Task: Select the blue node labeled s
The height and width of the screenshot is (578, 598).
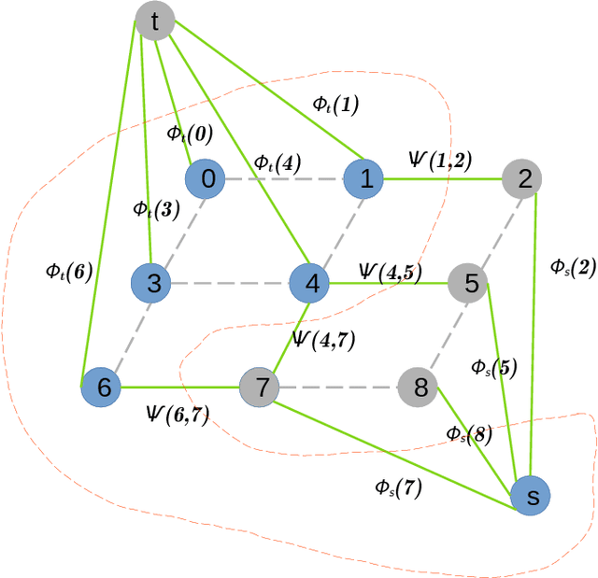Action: (x=531, y=496)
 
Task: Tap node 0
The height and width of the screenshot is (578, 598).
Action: (x=206, y=179)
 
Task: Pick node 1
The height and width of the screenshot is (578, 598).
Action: (x=365, y=178)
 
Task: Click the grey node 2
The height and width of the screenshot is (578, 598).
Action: (x=523, y=178)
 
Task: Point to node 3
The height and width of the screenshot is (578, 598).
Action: (x=151, y=283)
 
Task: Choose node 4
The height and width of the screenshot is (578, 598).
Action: (x=310, y=283)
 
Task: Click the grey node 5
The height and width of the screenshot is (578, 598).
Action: (x=469, y=283)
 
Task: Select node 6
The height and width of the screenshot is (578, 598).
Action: (x=102, y=387)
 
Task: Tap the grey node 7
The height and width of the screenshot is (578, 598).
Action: (x=261, y=387)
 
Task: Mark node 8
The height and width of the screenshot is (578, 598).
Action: (x=420, y=387)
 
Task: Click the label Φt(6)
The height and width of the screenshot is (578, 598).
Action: (x=68, y=272)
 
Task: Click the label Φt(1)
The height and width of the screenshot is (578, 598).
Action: (x=335, y=106)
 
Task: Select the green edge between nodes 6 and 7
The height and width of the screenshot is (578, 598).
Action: (x=178, y=387)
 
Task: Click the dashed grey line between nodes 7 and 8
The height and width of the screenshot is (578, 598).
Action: (x=340, y=387)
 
